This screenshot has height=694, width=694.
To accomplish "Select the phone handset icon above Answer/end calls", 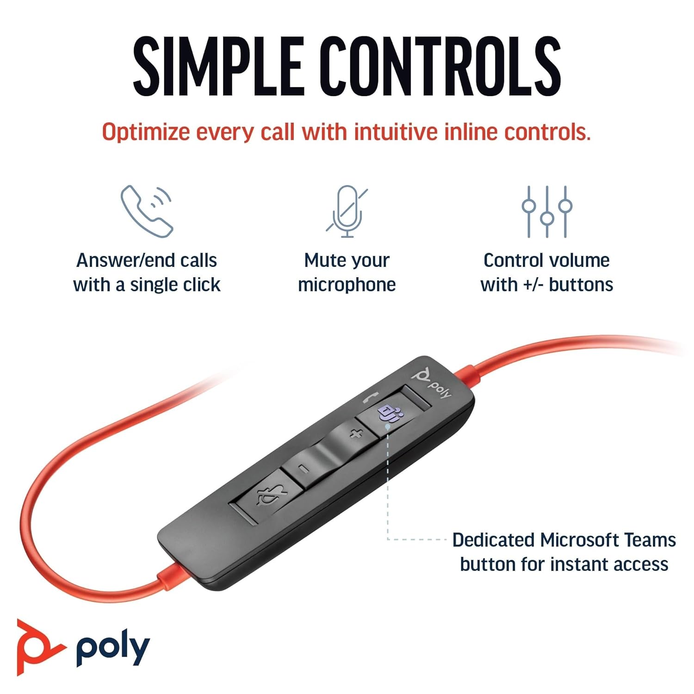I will pos(147,211).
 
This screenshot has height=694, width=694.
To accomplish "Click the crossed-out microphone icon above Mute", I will pos(347,211).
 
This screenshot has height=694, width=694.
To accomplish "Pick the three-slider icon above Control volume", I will pos(547,211).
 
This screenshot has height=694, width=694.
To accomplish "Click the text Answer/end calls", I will pos(147,260).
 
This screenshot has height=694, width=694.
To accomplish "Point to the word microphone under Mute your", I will pos(347,285).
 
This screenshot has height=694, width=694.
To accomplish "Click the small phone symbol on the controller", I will pos(371,397).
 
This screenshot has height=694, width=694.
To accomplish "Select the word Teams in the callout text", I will pos(650,540).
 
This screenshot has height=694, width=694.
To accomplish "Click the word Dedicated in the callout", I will pos(493,540).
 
